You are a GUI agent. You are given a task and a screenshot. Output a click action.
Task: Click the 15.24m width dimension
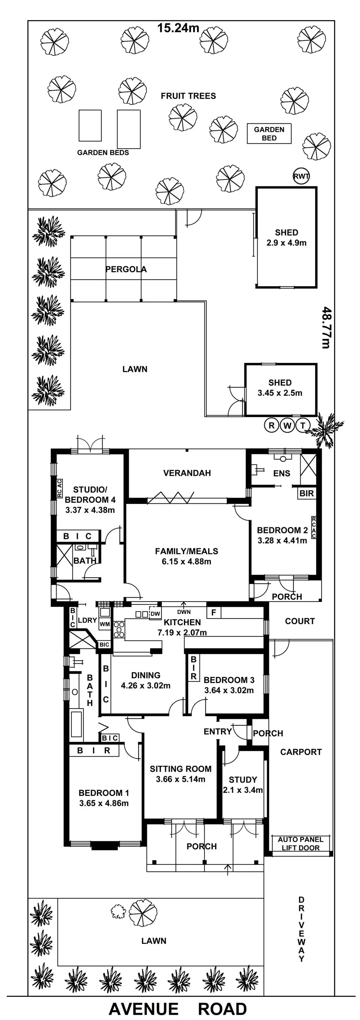pos(178,28)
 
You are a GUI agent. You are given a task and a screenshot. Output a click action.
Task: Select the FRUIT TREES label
pos(188,96)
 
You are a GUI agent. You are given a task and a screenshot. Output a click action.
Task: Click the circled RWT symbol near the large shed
pos(301,176)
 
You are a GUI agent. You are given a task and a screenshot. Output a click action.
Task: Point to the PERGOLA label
pos(126,269)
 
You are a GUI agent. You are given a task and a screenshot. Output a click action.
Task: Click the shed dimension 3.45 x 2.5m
pos(280,393)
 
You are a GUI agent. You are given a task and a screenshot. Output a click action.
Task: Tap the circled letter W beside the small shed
pos(288,426)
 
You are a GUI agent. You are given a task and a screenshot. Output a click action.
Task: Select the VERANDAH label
pos(187,473)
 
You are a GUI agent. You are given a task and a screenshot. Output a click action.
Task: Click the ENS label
pos(282,473)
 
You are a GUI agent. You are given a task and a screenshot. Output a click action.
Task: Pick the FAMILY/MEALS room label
pos(187,551)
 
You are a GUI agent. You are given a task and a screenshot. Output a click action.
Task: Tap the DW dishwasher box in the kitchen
pos(155,614)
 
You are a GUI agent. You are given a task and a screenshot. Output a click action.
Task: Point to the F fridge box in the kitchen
pos(214,613)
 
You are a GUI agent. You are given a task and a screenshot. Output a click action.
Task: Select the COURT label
pos(300,621)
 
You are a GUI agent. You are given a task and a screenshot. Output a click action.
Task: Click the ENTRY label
pos(217,732)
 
